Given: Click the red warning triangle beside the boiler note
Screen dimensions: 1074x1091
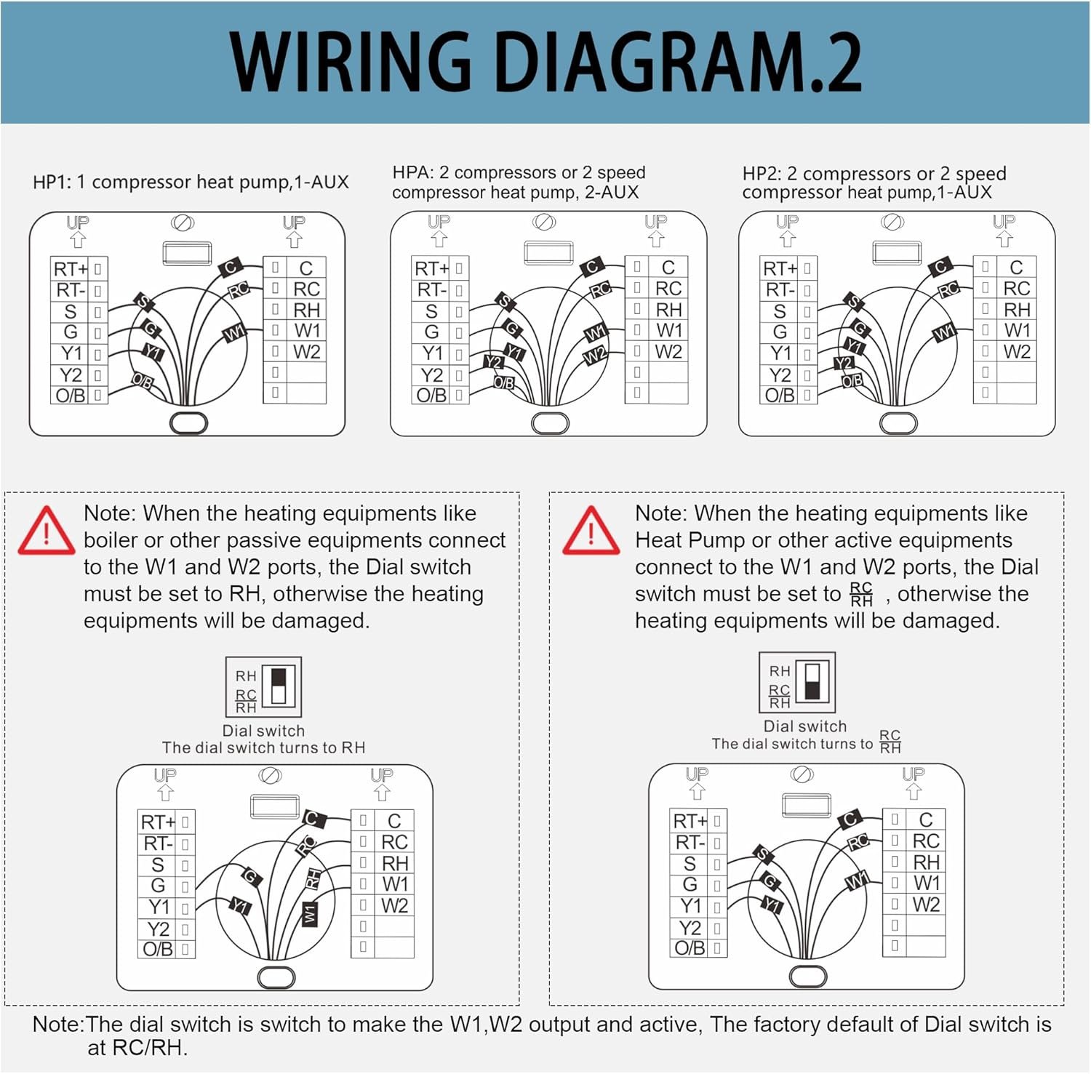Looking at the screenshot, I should click(46, 532).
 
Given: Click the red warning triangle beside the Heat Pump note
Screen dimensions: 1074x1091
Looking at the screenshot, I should click(591, 532).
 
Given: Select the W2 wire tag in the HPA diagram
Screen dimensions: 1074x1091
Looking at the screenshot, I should click(595, 356).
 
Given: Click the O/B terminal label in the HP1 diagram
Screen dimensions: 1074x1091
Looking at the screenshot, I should click(70, 396).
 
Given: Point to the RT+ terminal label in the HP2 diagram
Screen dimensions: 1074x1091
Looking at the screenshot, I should click(780, 269).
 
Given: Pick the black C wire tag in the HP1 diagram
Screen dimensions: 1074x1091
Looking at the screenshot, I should click(231, 267).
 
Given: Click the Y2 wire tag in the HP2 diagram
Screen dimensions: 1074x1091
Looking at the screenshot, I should click(843, 363).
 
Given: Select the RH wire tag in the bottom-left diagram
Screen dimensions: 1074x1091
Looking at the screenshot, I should click(313, 878).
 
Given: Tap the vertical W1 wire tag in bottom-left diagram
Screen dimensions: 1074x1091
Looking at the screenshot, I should click(310, 913).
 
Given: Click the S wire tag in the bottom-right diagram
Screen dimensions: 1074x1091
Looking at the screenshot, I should click(762, 854).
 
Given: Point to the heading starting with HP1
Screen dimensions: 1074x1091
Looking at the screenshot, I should click(191, 182).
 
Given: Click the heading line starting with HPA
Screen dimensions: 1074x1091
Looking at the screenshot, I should click(519, 172).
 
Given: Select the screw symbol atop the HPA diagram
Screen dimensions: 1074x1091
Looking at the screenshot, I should click(544, 222).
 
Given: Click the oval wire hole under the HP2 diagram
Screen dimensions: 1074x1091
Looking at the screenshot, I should click(898, 422).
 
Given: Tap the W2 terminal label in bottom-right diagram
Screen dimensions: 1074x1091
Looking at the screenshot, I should click(926, 905).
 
